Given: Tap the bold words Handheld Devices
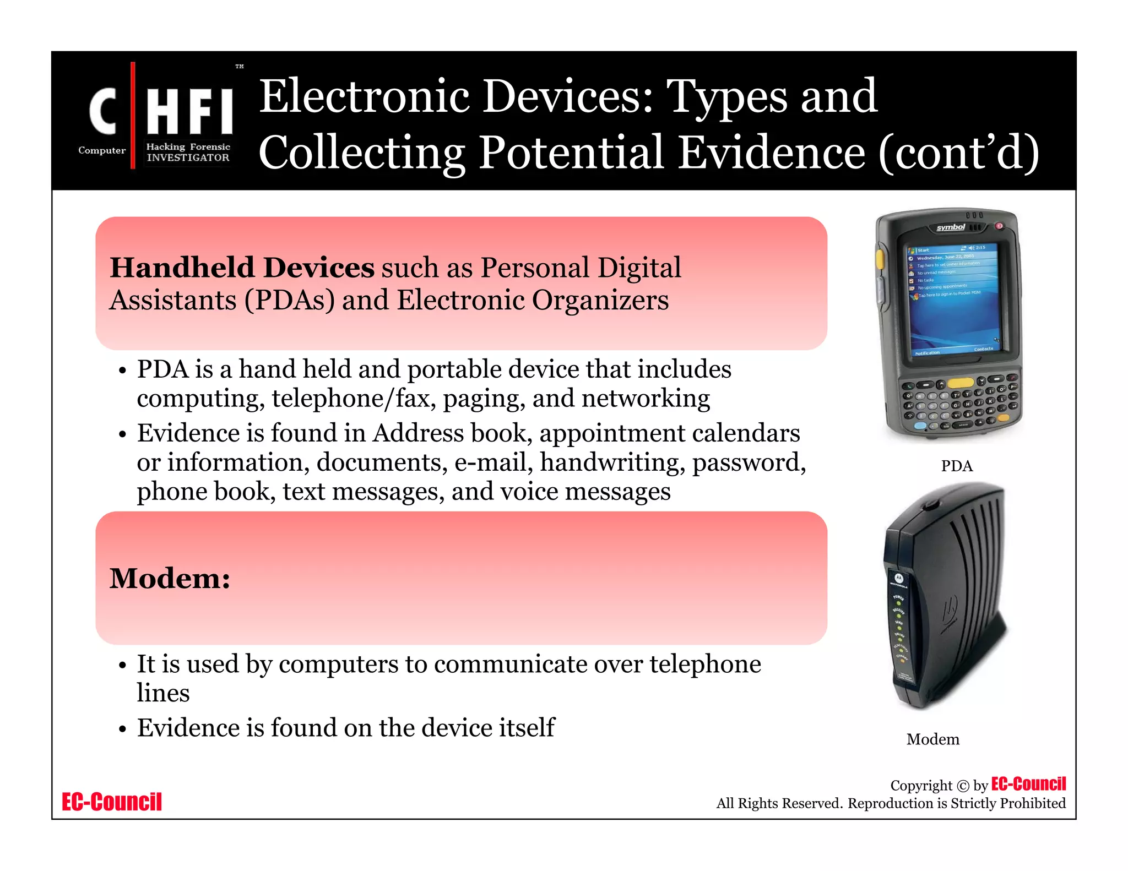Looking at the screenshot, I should [x=242, y=268].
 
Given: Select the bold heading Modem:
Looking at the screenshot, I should [x=170, y=579].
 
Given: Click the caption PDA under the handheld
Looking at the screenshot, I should [x=957, y=466].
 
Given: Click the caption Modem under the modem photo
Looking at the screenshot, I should [x=932, y=739].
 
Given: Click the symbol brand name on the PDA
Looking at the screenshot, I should [x=951, y=227].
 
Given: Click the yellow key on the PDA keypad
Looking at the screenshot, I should [x=960, y=381].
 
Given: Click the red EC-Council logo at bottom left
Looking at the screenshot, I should [x=112, y=802].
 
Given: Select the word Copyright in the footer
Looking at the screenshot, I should [x=921, y=786].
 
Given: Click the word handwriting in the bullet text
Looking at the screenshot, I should [x=612, y=462].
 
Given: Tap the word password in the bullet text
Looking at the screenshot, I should [x=749, y=462].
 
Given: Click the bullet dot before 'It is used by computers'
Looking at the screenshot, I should [x=123, y=666].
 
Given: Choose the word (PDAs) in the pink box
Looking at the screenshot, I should [x=289, y=301].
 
